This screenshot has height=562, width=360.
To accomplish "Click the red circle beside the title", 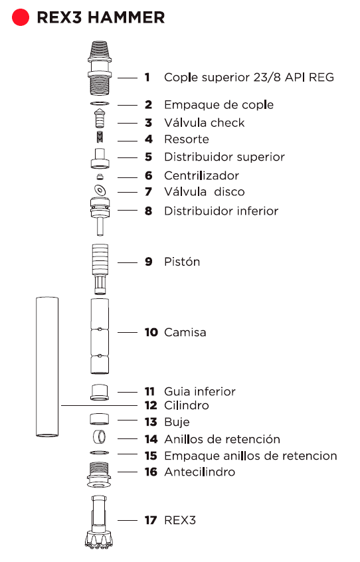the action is coord(21,17).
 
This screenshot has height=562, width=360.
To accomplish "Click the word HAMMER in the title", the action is coord(126,17).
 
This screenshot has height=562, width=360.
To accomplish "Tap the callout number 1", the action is coord(147,77).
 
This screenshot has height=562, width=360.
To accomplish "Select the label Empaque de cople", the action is coord(219,105).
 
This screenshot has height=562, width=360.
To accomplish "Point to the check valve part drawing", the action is coord(100,119).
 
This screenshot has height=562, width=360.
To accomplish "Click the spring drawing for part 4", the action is coord(100,137).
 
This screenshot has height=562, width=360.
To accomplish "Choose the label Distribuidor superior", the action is coord(225,157).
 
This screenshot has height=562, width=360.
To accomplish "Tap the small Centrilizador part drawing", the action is coord(100,177).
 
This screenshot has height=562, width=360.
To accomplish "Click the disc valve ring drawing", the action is coord(100,190).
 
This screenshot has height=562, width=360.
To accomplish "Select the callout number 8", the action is coord(148,211).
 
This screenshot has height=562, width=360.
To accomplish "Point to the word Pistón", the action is coord(182,262).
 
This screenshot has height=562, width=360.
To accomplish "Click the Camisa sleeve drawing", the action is coord(100,336).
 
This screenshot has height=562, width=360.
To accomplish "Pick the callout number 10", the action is coord(151,332).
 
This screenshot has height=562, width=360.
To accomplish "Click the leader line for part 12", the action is coord(99,405).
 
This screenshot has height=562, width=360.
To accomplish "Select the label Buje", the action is coord(177,422).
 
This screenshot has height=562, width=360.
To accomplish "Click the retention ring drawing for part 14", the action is coord(99,437).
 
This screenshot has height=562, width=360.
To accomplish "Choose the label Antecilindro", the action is coord(199,472).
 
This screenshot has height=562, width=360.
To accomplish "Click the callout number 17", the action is coord(151,520).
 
